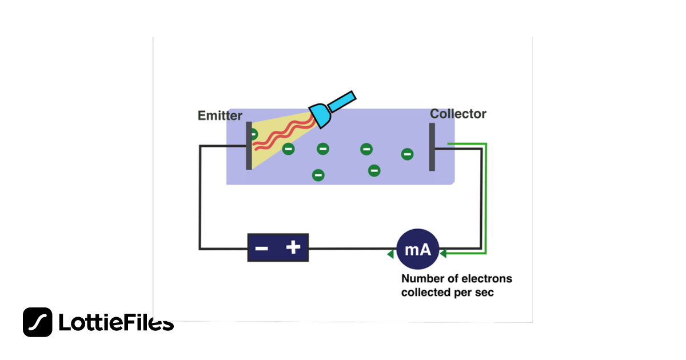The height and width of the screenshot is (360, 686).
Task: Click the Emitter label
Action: [220, 116]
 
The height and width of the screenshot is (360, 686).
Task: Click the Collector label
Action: [458, 114]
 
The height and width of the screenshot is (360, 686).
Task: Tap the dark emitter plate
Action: [249, 146]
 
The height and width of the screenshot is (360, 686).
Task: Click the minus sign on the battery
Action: [261, 249]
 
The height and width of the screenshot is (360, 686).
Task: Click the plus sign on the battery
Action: [293, 247]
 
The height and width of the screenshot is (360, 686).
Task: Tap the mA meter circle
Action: [418, 250]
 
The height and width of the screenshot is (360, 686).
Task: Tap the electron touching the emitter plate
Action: [253, 134]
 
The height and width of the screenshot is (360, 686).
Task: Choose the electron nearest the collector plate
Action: [407, 154]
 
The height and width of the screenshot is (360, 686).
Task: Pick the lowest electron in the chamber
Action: [318, 175]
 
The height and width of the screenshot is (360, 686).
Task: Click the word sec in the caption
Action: [484, 293]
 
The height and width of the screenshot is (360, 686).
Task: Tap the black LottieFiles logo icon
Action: [38, 322]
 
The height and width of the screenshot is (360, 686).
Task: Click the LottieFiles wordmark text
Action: [116, 323]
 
